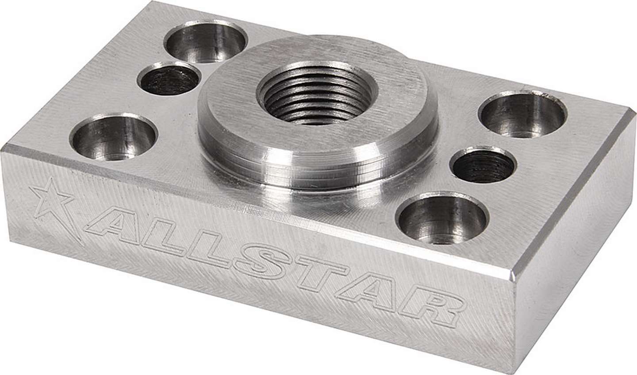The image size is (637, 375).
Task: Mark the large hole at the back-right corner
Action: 524,113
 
